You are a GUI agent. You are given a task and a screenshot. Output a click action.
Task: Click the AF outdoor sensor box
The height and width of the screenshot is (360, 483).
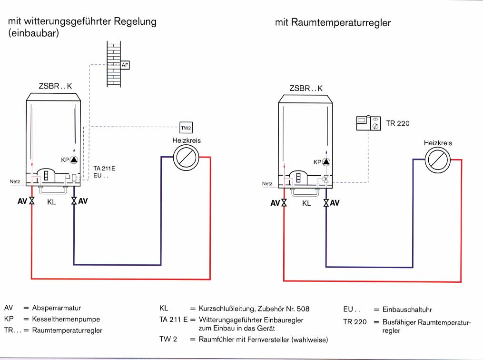click(x=125, y=64)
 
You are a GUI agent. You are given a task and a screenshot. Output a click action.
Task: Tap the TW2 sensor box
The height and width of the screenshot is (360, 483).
click(x=185, y=128)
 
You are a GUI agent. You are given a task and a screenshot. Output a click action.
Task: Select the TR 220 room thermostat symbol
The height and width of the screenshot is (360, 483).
click(x=369, y=123)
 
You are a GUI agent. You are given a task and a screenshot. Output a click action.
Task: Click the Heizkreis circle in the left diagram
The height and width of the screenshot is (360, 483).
click(x=186, y=158)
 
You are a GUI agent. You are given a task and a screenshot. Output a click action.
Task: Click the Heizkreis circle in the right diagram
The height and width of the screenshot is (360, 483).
click(x=437, y=160)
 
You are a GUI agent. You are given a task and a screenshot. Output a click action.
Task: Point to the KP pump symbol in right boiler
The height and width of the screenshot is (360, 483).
click(x=326, y=162)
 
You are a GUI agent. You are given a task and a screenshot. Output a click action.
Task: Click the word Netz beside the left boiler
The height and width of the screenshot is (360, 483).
click(x=15, y=181)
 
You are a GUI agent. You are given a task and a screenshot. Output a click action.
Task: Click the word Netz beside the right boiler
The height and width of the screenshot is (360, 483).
click(x=267, y=183)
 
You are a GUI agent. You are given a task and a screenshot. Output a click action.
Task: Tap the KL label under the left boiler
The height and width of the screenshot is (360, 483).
click(x=52, y=201)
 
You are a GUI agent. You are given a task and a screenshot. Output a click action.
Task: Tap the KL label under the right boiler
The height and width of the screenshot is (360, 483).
click(x=306, y=203)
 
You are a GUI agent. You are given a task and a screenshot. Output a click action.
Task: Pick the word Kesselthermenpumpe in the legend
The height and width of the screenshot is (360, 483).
click(x=66, y=319)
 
